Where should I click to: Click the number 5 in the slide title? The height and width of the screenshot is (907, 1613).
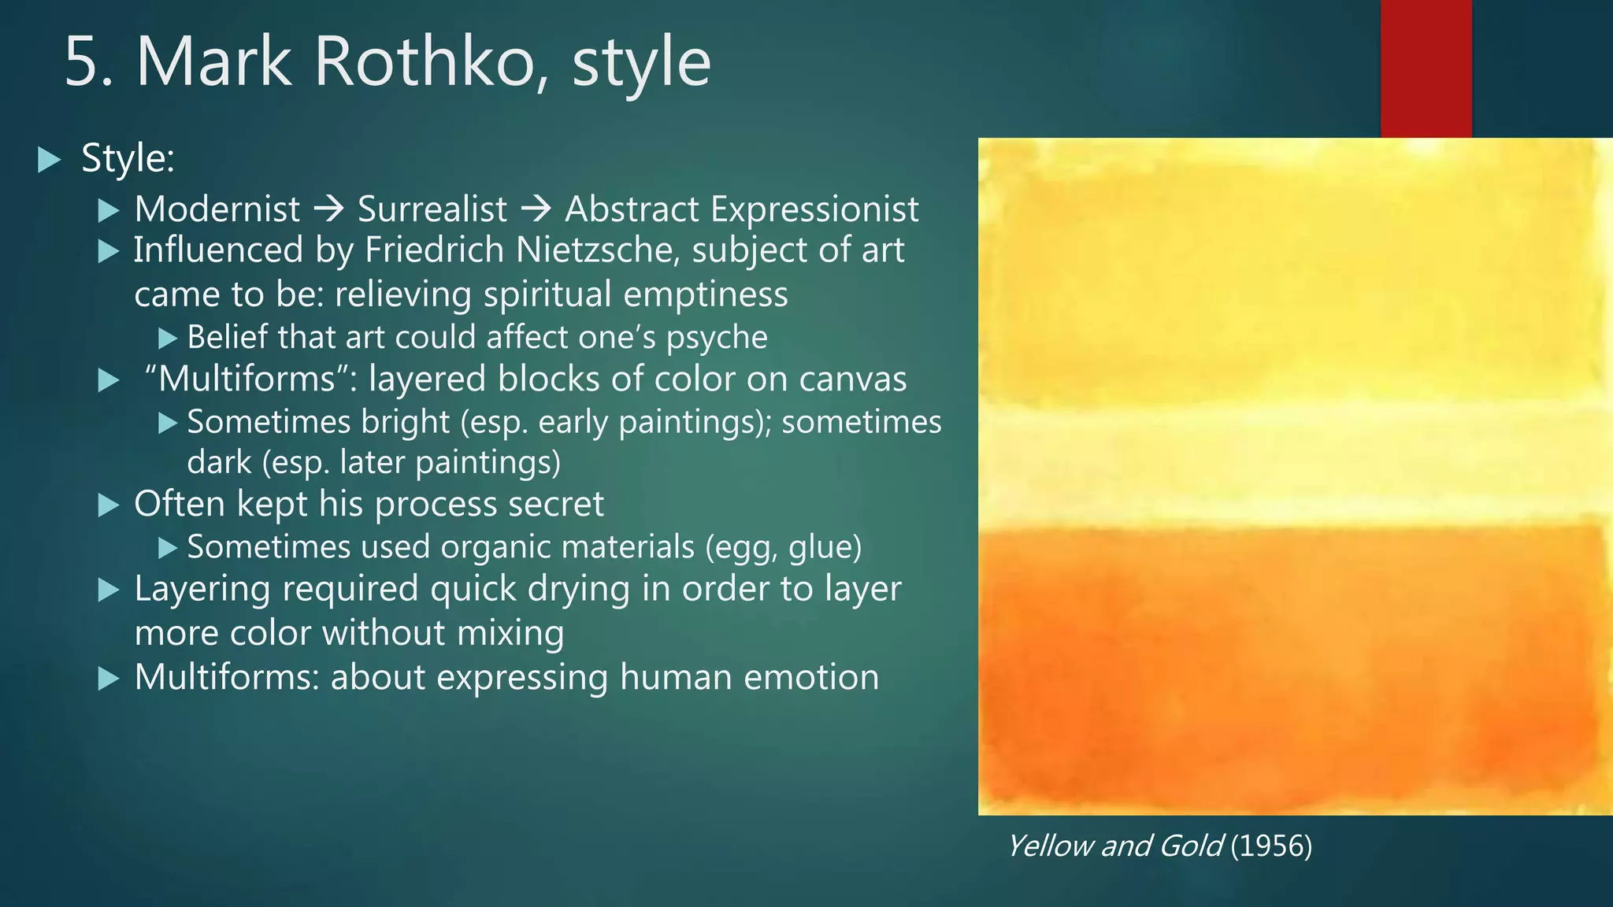(83, 62)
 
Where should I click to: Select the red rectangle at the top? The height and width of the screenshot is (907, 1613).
(1426, 68)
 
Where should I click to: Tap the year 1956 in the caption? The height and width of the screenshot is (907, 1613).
(1271, 846)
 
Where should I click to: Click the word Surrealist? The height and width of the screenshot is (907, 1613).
(432, 209)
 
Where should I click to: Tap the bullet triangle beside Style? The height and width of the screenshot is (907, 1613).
(49, 161)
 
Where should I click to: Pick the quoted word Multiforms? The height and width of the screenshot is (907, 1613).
(247, 379)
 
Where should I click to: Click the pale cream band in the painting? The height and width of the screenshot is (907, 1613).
(1292, 465)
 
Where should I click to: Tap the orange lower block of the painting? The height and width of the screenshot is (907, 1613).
(1292, 669)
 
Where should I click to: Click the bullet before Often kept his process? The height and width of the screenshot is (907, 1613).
(109, 505)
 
